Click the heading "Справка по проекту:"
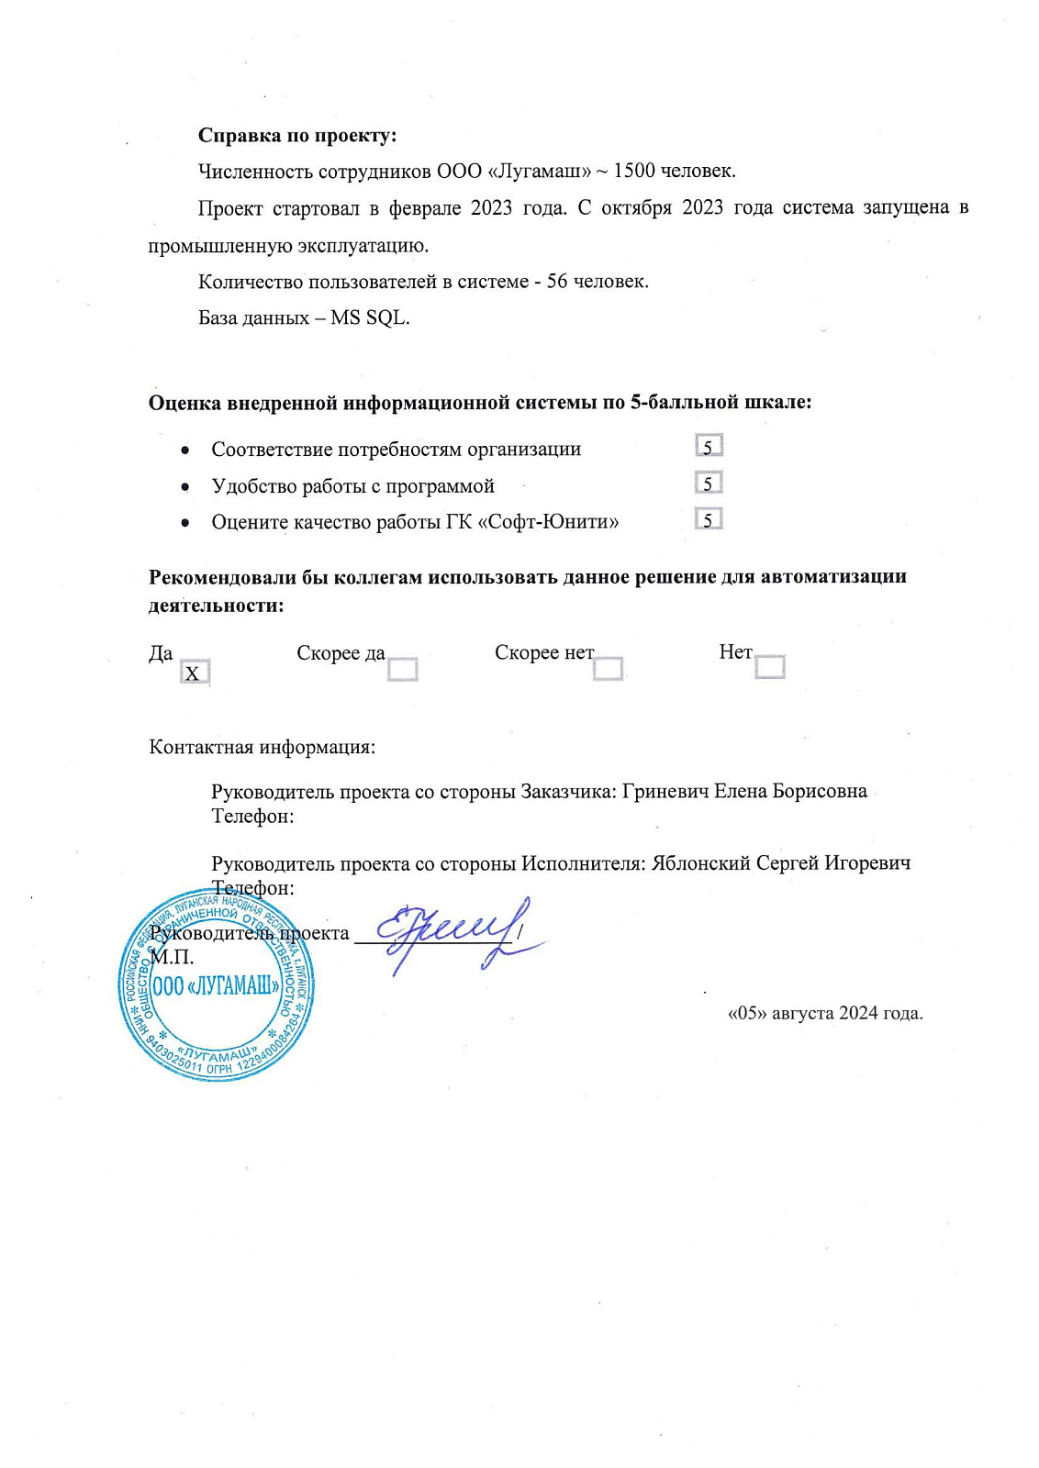(x=297, y=136)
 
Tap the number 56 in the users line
(x=557, y=282)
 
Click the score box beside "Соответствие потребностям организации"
(x=709, y=446)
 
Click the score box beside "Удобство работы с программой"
(x=709, y=483)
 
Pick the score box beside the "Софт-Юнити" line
(x=709, y=519)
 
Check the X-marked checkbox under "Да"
(x=194, y=673)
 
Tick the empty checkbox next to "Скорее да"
(x=402, y=669)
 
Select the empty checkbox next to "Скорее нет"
(x=608, y=668)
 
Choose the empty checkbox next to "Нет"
(x=769, y=666)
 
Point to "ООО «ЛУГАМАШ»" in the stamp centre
(x=217, y=986)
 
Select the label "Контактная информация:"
(x=262, y=747)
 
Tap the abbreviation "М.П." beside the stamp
(x=172, y=958)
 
